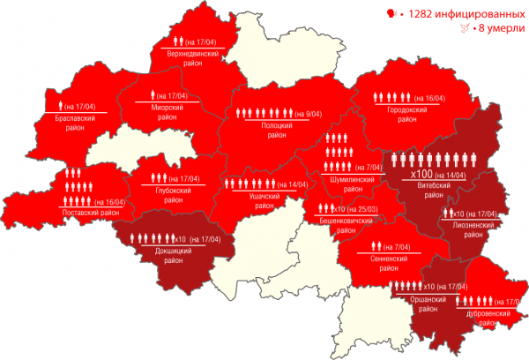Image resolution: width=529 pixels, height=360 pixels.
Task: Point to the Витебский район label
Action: (x=438, y=191)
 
